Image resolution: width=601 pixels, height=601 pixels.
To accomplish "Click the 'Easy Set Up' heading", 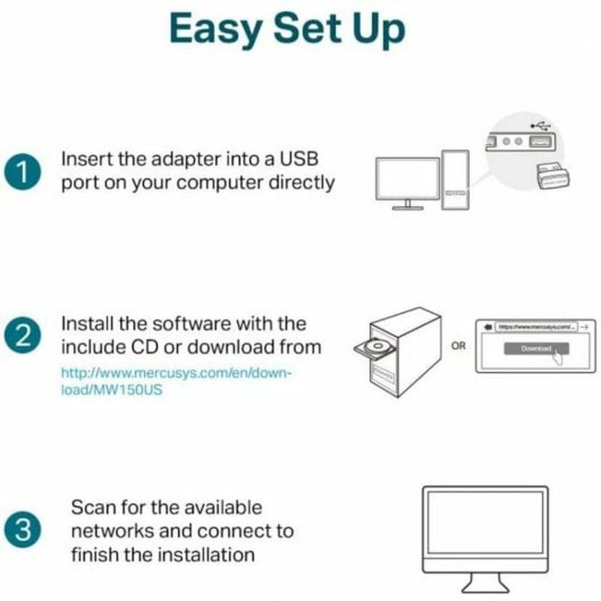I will coord(287,29).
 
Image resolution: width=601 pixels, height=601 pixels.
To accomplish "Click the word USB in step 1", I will coord(309,160).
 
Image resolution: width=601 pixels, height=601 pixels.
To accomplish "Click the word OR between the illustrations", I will coord(458,345).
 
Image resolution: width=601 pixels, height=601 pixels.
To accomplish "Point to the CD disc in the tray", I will coord(380,349).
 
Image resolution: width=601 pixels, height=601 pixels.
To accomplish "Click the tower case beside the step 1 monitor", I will coord(455,180).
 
